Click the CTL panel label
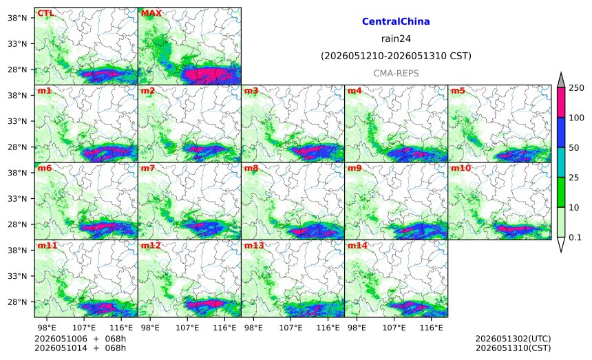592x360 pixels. tap(45, 13)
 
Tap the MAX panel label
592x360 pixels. tap(151, 13)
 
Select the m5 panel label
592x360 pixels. tap(458, 91)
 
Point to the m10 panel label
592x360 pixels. tap(461, 168)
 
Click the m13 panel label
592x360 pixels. tap(254, 246)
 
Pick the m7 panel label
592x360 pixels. tap(147, 168)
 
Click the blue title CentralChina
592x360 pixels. tap(396, 21)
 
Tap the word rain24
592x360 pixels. tap(396, 39)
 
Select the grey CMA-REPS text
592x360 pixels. tap(396, 73)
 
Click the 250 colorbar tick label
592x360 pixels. tap(577, 88)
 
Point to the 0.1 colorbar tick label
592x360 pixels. tap(575, 237)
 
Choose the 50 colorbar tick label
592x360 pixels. tap(574, 147)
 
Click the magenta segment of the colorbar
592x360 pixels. tap(561, 103)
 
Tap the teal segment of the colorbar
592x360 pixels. tap(561, 162)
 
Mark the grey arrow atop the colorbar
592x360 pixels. tap(561, 80)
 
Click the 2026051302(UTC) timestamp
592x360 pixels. tap(513, 339)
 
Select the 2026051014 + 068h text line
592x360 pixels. tap(80, 348)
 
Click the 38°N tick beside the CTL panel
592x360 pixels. tap(17, 18)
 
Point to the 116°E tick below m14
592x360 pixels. tap(431, 328)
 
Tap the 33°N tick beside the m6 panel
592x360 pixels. tap(17, 198)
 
